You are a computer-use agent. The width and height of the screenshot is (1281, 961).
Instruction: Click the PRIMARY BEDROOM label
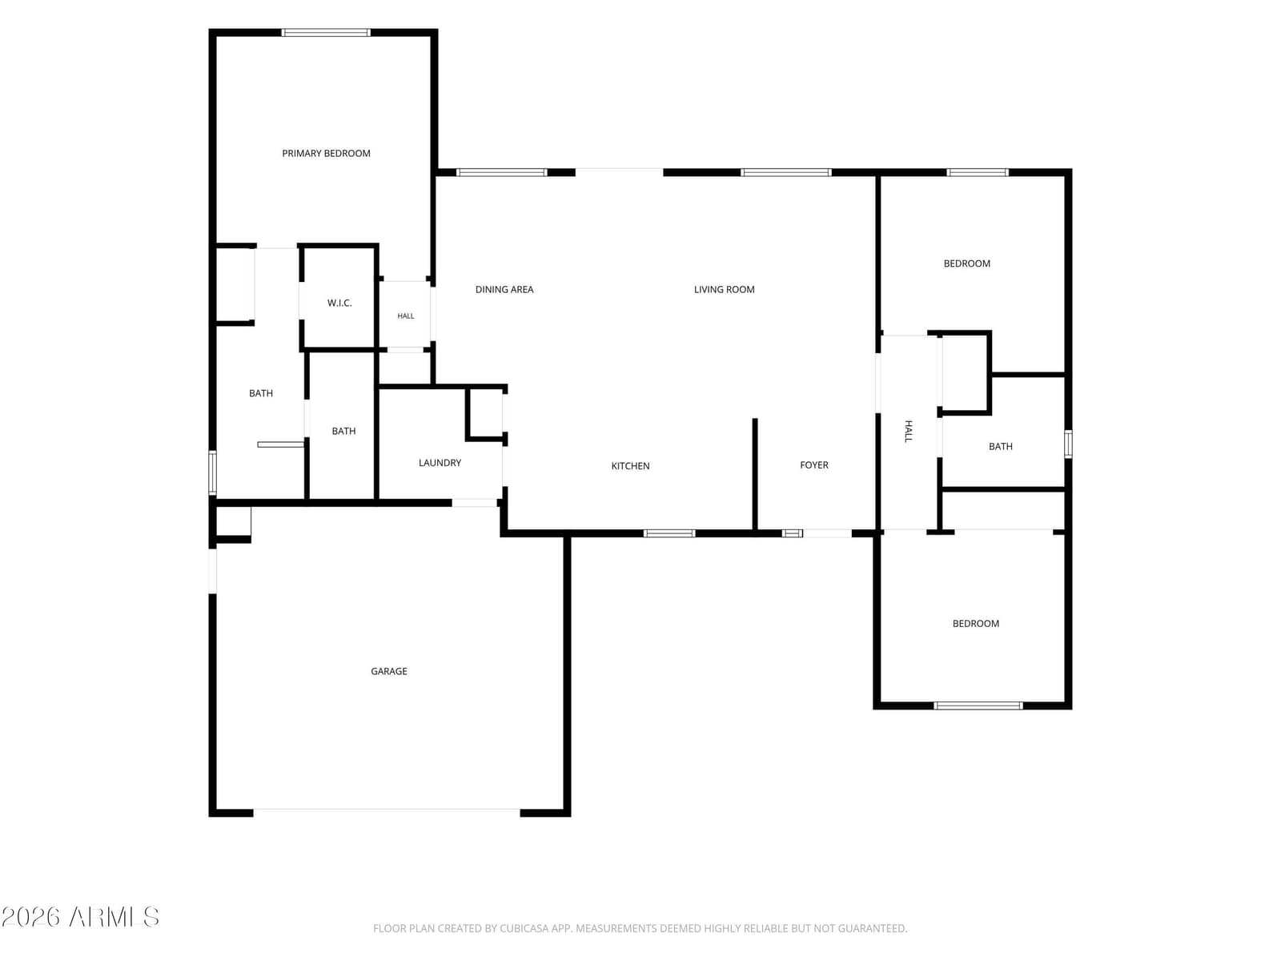pos(326,154)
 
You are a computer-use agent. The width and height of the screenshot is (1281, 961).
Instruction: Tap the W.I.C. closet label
pos(339,303)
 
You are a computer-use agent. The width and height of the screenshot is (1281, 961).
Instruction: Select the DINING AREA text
pos(504,289)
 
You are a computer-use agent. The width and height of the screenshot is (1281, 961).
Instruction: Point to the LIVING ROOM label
pos(724,289)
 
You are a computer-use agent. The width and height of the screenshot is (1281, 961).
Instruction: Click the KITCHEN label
pos(630,465)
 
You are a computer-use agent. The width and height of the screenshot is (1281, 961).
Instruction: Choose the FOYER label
pos(813,465)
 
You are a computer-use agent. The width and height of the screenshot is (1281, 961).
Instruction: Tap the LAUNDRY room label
pos(440,463)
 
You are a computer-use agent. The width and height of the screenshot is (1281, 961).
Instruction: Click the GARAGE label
pos(388,671)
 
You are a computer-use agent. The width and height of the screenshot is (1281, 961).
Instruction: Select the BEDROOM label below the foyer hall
pos(975,623)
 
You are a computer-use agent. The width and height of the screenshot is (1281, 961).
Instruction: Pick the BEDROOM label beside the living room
pos(966,263)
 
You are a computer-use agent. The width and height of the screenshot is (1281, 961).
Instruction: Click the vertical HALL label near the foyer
pos(908,431)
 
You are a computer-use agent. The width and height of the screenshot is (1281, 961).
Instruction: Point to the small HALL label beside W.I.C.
pos(406,316)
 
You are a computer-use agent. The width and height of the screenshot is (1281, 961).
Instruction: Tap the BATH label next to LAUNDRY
pos(343,431)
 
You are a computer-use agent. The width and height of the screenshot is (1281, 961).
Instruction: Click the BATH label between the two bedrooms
pos(1000,446)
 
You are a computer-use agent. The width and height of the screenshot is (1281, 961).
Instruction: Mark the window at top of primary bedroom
pos(326,33)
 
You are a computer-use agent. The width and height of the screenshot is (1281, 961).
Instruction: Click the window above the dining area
pos(501,172)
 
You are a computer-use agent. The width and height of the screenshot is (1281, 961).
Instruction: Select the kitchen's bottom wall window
pos(669,533)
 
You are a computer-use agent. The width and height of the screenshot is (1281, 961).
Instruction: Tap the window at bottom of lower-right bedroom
pos(978,706)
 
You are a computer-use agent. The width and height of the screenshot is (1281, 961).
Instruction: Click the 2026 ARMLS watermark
pos(80,917)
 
